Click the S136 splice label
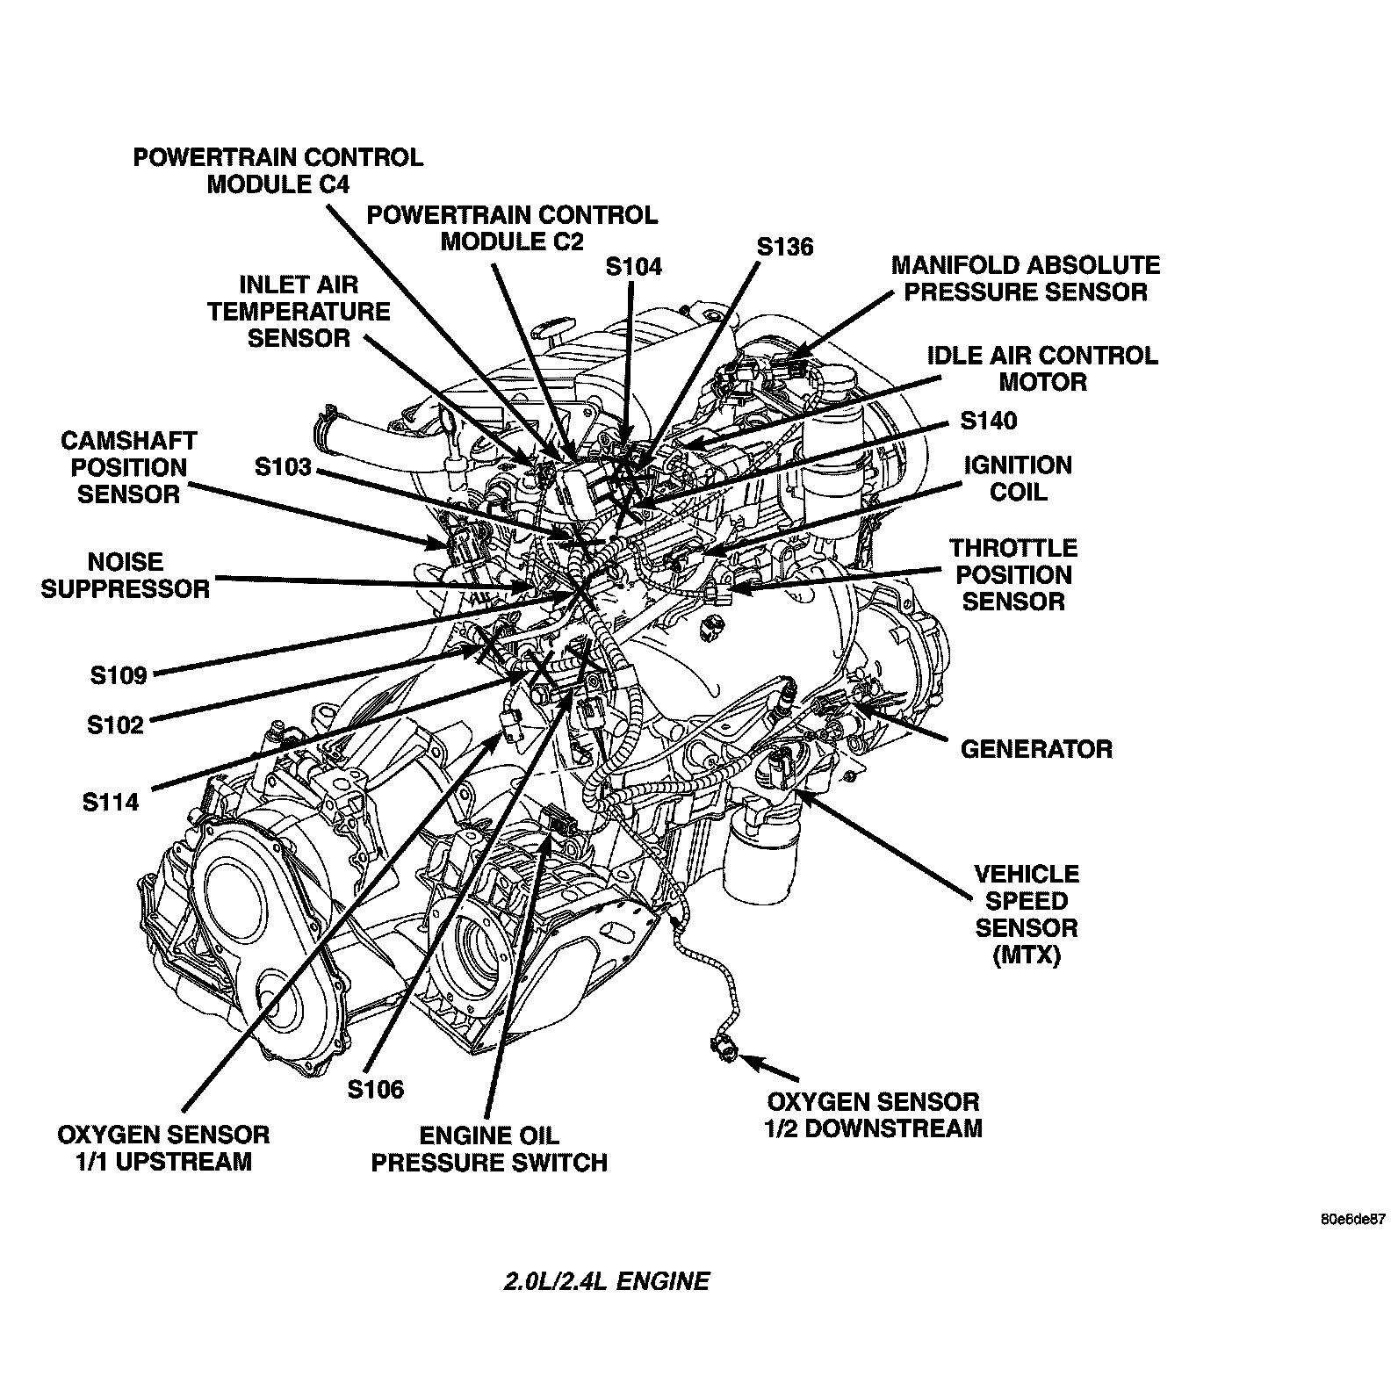pyautogui.click(x=785, y=247)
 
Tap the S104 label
pyautogui.click(x=634, y=267)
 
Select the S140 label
pyautogui.click(x=988, y=421)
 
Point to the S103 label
pyautogui.click(x=283, y=466)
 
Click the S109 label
pyautogui.click(x=118, y=674)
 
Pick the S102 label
pyautogui.click(x=115, y=724)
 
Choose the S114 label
pyautogui.click(x=111, y=802)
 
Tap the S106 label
pyautogui.click(x=375, y=1089)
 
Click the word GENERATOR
pyautogui.click(x=1036, y=749)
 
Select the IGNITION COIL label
pyautogui.click(x=1018, y=478)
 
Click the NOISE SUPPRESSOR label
pyautogui.click(x=126, y=575)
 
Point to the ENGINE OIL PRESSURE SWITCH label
pyautogui.click(x=489, y=1149)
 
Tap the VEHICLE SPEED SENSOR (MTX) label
pyautogui.click(x=1027, y=914)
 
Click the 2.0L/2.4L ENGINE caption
pyautogui.click(x=606, y=1281)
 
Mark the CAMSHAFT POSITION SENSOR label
pyautogui.click(x=129, y=467)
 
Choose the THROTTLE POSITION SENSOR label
pyautogui.click(x=1013, y=574)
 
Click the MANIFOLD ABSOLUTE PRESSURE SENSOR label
pyautogui.click(x=1026, y=278)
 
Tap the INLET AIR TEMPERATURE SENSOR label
pyautogui.click(x=299, y=311)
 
